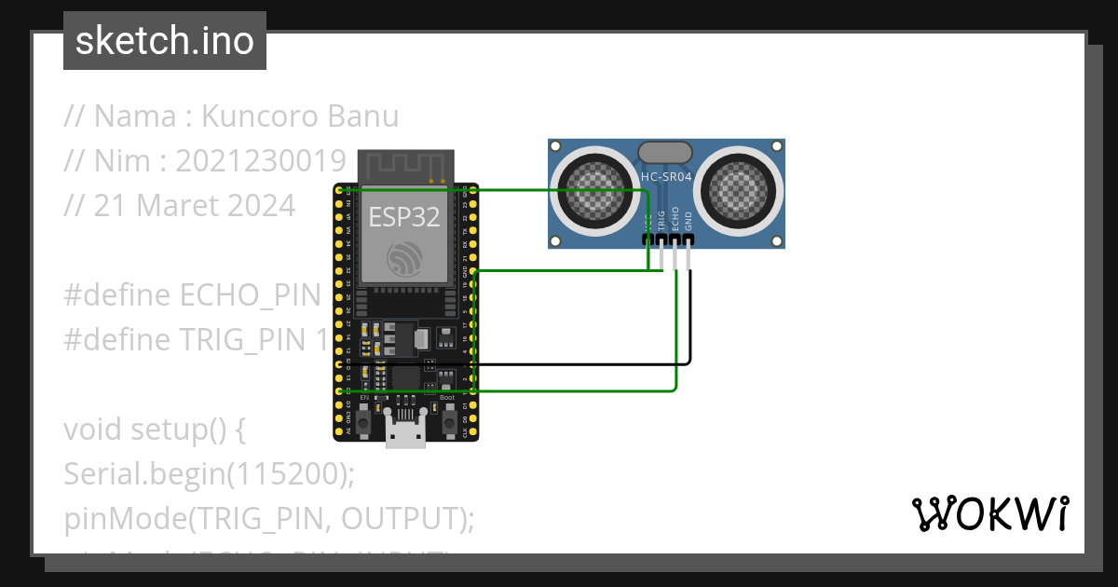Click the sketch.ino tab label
click(165, 41)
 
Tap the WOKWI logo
click(988, 513)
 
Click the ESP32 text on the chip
click(404, 217)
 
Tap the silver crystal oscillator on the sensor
click(664, 152)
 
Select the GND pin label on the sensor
click(689, 219)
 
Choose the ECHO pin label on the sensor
click(675, 219)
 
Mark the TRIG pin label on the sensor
click(661, 219)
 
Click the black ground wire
click(578, 363)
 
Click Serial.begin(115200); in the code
click(210, 473)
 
